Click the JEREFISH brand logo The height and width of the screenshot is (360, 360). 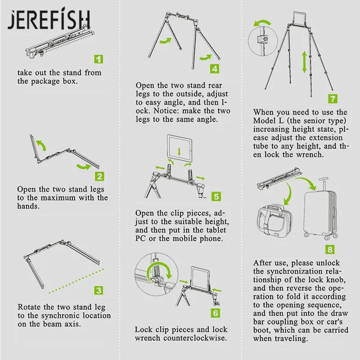[49, 20]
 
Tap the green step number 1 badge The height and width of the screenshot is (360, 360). [99, 59]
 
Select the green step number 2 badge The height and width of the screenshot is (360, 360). [99, 176]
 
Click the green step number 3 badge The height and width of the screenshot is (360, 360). [99, 290]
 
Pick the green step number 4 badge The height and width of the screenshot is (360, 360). [215, 69]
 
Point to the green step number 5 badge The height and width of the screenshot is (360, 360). [216, 197]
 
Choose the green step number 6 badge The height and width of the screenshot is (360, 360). [216, 313]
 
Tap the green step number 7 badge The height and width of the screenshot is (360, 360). [333, 99]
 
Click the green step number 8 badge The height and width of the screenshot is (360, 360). [330, 249]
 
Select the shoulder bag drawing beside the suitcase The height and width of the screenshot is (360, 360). [274, 219]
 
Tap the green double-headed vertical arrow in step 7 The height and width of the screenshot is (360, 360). [305, 62]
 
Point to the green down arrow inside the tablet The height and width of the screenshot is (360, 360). [179, 152]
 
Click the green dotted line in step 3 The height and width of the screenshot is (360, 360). [76, 281]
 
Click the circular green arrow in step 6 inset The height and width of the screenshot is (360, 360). [159, 271]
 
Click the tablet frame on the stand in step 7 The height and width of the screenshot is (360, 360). [300, 19]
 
